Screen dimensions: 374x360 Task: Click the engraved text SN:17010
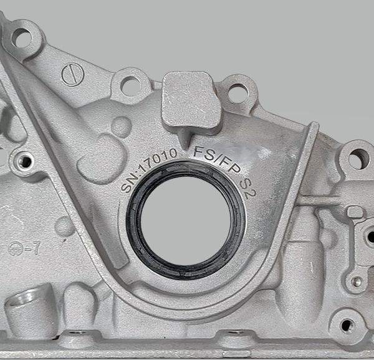click(x=148, y=169)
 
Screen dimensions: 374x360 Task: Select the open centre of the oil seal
click(x=186, y=220)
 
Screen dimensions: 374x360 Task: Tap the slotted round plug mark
click(x=73, y=74)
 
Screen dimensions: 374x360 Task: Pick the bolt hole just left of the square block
click(x=131, y=86)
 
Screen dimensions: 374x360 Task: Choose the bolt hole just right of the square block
click(x=237, y=93)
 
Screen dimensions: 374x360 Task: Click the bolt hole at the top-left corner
click(x=22, y=38)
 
